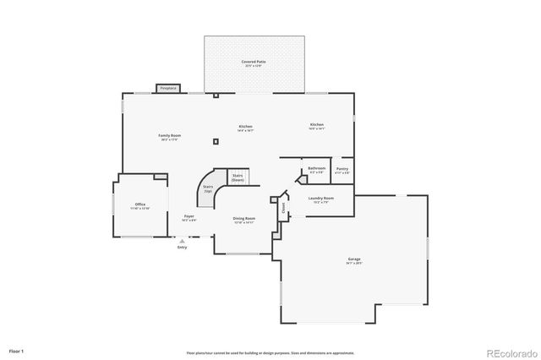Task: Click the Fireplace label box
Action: (168, 88)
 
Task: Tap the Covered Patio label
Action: (254, 63)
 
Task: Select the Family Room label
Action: (169, 137)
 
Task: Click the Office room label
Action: (139, 205)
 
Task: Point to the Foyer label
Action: (189, 218)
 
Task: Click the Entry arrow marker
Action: (182, 241)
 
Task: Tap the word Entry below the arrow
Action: (182, 248)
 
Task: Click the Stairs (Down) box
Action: (238, 178)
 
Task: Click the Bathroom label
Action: (317, 170)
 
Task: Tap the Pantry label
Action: (342, 170)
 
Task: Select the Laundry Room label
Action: (323, 201)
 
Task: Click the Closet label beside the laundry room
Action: (283, 205)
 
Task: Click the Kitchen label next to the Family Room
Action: (245, 128)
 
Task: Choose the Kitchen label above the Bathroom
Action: (316, 126)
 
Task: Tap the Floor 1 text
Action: (17, 350)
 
